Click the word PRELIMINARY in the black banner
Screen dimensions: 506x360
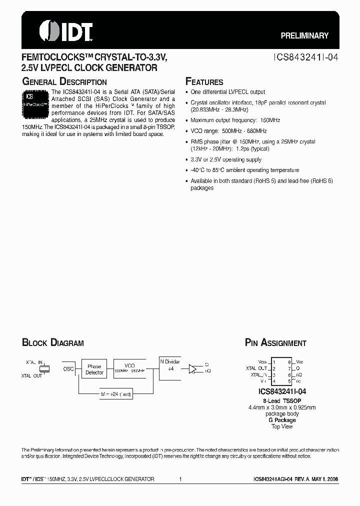304,35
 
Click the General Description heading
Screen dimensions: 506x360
64,82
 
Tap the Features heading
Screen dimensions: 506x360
204,82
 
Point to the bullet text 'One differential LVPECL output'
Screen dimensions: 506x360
228,92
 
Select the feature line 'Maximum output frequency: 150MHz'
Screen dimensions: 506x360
235,120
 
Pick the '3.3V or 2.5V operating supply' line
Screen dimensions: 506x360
226,159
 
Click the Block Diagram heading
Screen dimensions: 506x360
52,343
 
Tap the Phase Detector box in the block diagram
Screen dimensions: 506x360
94,369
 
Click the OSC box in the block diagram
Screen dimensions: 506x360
68,369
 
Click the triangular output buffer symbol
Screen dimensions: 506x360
192,369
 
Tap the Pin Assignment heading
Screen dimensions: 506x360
275,343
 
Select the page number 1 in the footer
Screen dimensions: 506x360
180,479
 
